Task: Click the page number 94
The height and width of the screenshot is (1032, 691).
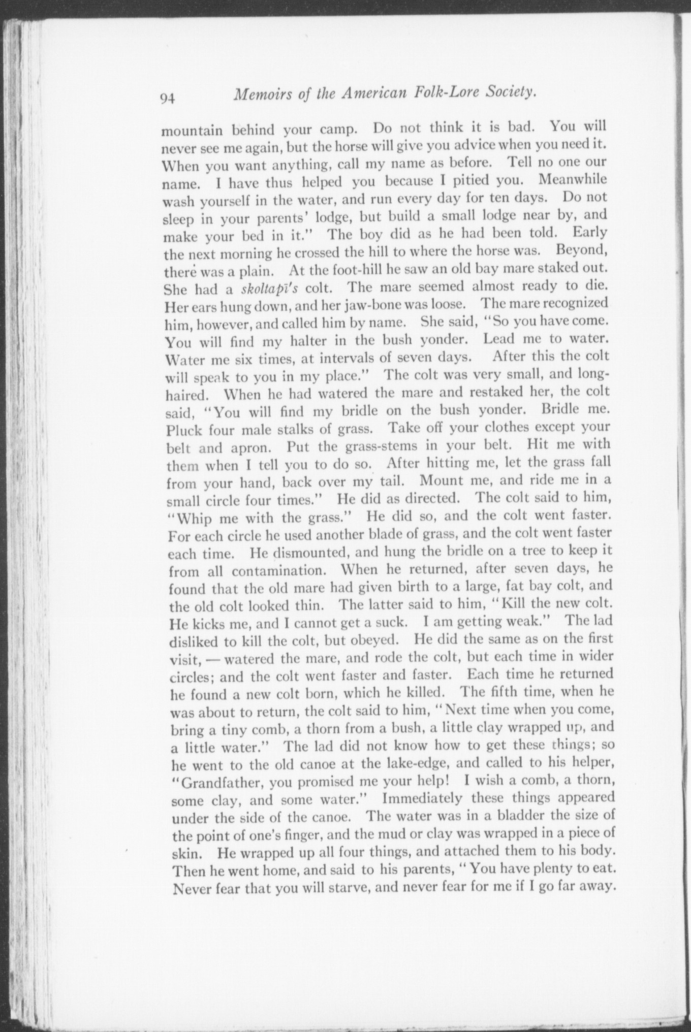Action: [167, 99]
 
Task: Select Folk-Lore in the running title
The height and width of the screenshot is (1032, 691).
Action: [447, 93]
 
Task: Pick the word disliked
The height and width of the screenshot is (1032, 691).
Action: [195, 641]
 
